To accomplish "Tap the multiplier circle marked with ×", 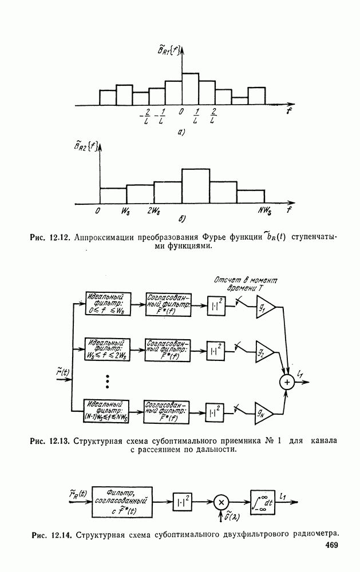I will pos(221,502).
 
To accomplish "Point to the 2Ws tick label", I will pos(153,210).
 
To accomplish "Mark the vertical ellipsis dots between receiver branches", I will pos(107,380).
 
